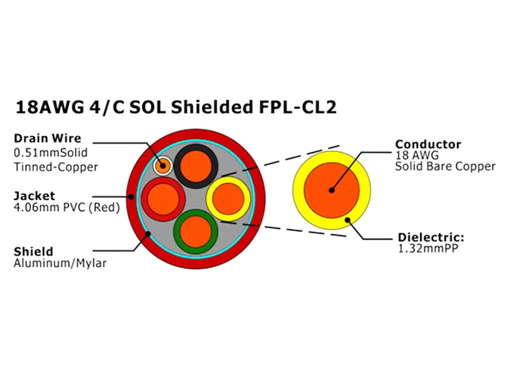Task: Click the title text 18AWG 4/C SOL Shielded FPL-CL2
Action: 175,107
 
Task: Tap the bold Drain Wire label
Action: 47,138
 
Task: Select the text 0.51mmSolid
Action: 51,152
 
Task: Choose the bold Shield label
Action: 33,251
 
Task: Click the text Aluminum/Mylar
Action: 60,264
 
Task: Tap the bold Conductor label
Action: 428,144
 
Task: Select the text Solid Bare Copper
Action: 445,166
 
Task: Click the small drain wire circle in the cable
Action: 163,165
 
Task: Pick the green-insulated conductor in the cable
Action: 196,231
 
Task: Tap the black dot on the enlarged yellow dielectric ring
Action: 348,219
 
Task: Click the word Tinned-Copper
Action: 55,167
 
